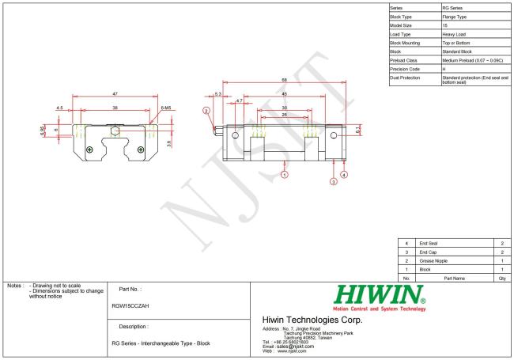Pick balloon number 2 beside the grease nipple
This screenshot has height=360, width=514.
206,112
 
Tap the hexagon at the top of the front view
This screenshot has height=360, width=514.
115,131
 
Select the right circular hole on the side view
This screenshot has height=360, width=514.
333,136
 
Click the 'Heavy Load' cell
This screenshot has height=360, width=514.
454,33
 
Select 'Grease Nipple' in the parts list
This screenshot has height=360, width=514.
433,260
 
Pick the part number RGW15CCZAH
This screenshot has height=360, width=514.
133,305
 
